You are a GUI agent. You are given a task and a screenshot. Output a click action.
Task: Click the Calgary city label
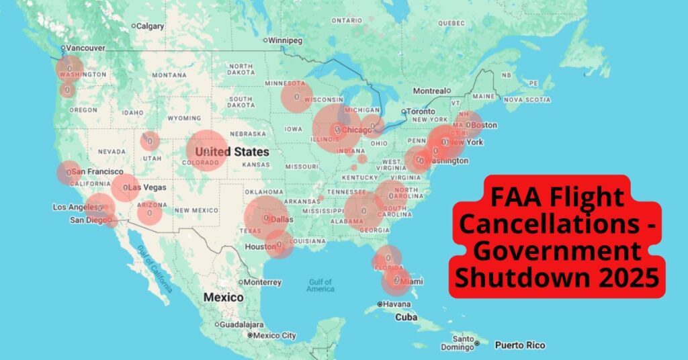pyautogui.click(x=151, y=26)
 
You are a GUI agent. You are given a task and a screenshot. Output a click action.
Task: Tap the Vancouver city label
pyautogui.click(x=84, y=48)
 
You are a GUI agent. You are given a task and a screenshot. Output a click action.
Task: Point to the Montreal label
pyautogui.click(x=429, y=91)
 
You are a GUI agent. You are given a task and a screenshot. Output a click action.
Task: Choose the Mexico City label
pyautogui.click(x=275, y=335)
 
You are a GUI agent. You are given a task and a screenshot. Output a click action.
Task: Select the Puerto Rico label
pyautogui.click(x=519, y=345)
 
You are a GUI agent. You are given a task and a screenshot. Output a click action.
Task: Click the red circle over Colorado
pyautogui.click(x=206, y=151)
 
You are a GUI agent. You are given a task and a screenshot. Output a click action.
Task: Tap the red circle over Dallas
pyautogui.click(x=267, y=218)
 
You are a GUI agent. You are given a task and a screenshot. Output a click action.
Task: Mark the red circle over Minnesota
pyautogui.click(x=296, y=97)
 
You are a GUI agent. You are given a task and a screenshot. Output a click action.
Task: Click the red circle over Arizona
pyautogui.click(x=150, y=213)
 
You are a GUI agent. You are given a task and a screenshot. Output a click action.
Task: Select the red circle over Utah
pyautogui.click(x=150, y=141)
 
